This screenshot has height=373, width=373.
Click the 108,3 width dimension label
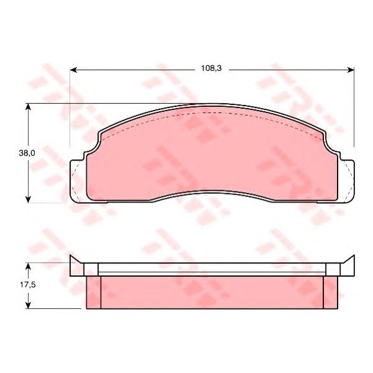[211, 68]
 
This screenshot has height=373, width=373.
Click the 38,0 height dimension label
[27, 153]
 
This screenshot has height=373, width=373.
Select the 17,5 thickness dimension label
[27, 285]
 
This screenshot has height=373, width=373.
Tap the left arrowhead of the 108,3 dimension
[73, 70]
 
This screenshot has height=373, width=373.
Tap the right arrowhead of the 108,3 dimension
[351, 70]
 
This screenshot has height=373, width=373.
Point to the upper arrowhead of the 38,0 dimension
[28, 107]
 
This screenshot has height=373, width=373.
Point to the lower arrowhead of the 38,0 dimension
[28, 200]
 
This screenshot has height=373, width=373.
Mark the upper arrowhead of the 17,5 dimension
[28, 267]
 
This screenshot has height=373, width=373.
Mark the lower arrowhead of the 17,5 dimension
[28, 305]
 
